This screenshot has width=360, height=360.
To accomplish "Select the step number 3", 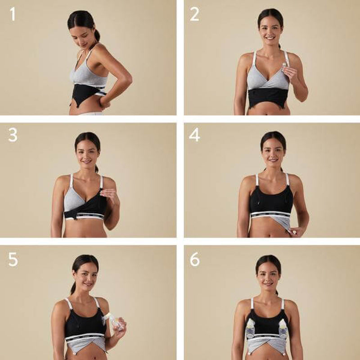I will coord(13,135).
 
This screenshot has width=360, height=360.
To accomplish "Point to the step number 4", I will coord(194,135).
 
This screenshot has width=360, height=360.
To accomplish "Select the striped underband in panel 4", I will coord(270,214).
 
